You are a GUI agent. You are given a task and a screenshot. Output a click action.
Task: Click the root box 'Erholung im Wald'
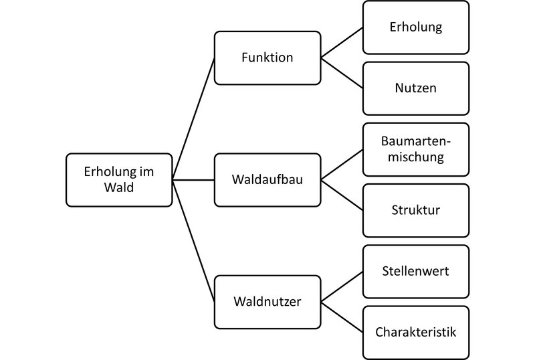[119, 180]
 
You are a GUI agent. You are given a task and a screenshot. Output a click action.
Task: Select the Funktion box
[267, 58]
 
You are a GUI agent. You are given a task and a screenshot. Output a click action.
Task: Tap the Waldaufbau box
[267, 180]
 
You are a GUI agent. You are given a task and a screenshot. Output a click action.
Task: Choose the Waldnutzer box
[267, 302]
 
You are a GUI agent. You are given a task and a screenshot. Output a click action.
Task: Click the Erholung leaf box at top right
[416, 27]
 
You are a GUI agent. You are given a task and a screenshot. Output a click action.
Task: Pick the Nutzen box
[416, 88]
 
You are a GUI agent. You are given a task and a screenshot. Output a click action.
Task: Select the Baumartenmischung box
[416, 149]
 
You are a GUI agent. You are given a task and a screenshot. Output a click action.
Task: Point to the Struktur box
[416, 210]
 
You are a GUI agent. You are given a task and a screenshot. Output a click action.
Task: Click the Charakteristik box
[416, 332]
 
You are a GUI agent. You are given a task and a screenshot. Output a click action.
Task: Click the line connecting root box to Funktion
[193, 119]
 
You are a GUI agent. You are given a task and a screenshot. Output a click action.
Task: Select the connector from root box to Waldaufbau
[193, 180]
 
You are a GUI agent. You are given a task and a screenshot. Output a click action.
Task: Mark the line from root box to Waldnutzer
[193, 241]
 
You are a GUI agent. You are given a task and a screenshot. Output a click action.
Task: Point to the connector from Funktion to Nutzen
[342, 73]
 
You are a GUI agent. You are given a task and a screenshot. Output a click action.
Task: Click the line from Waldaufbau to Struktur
[342, 195]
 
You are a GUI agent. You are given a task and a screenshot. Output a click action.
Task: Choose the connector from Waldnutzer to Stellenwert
[342, 286]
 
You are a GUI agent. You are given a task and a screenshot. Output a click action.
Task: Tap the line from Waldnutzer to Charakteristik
[342, 317]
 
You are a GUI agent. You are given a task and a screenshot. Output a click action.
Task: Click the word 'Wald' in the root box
[119, 188]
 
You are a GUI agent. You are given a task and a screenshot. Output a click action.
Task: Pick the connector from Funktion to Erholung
[342, 43]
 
